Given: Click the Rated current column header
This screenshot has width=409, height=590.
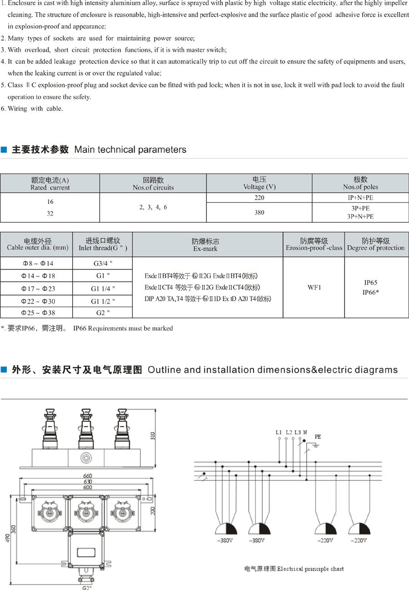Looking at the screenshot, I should point(50,183).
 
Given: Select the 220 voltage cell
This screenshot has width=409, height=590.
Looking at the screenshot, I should point(259,198).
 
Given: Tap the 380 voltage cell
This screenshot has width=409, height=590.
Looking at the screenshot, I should point(259,212).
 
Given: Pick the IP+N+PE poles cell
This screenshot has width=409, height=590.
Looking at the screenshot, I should point(360,198).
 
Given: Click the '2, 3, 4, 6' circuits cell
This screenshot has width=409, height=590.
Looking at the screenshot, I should point(153,207).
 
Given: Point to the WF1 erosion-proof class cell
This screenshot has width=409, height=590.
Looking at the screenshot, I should point(314,287).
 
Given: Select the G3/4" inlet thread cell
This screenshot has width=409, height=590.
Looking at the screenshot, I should point(103,263).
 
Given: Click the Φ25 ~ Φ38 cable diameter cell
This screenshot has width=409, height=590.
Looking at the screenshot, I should point(36,312).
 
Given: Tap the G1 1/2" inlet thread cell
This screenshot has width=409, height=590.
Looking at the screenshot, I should point(103,300).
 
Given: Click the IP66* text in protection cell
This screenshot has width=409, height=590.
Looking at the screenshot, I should point(370,292).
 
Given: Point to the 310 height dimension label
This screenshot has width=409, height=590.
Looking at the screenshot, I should point(153,437).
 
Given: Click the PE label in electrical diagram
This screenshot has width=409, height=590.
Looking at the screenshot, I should point(318,436).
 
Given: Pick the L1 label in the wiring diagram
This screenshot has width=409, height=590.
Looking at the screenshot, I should point(279,432).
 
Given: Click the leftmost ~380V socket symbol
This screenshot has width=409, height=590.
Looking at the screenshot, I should point(226,529).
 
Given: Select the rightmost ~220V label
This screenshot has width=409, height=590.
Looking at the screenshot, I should point(358,540).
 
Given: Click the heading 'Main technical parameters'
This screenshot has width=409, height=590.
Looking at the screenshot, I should point(130,149).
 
